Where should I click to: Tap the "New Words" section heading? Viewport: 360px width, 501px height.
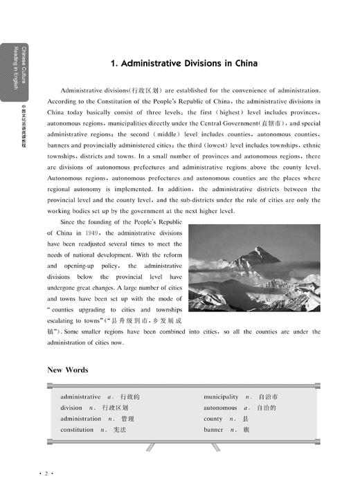coord(67,370)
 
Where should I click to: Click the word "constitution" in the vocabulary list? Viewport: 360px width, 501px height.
coord(77,430)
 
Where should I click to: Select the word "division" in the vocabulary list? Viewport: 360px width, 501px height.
coord(71,408)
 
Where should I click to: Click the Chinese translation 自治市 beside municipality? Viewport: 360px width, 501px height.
coord(268,397)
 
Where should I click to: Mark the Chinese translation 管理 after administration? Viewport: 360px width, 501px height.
coord(127,419)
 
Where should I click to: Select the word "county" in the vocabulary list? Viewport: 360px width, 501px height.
coord(213,419)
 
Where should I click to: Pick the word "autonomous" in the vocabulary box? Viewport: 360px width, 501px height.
coord(220,408)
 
